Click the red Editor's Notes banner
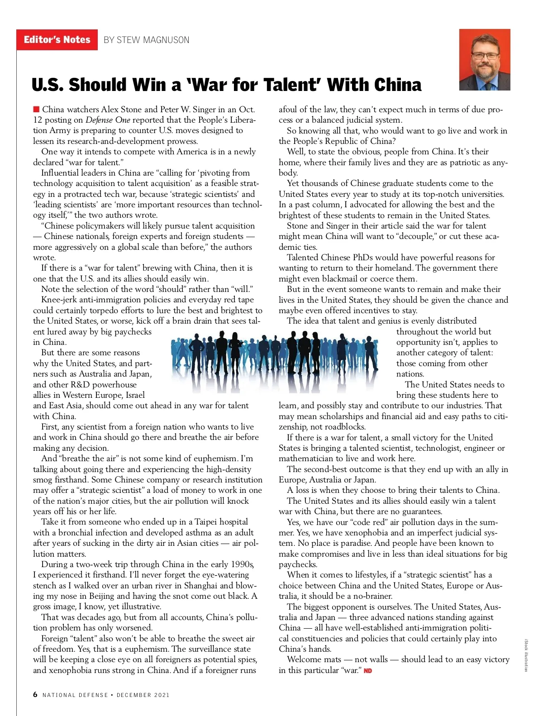[57, 40]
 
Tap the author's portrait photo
[485, 60]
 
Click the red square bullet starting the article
[36, 109]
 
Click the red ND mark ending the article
[368, 670]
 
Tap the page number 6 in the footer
[35, 694]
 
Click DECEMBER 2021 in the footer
[143, 695]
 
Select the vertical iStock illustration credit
[526, 655]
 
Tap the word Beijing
[102, 596]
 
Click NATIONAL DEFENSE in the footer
[75, 695]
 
